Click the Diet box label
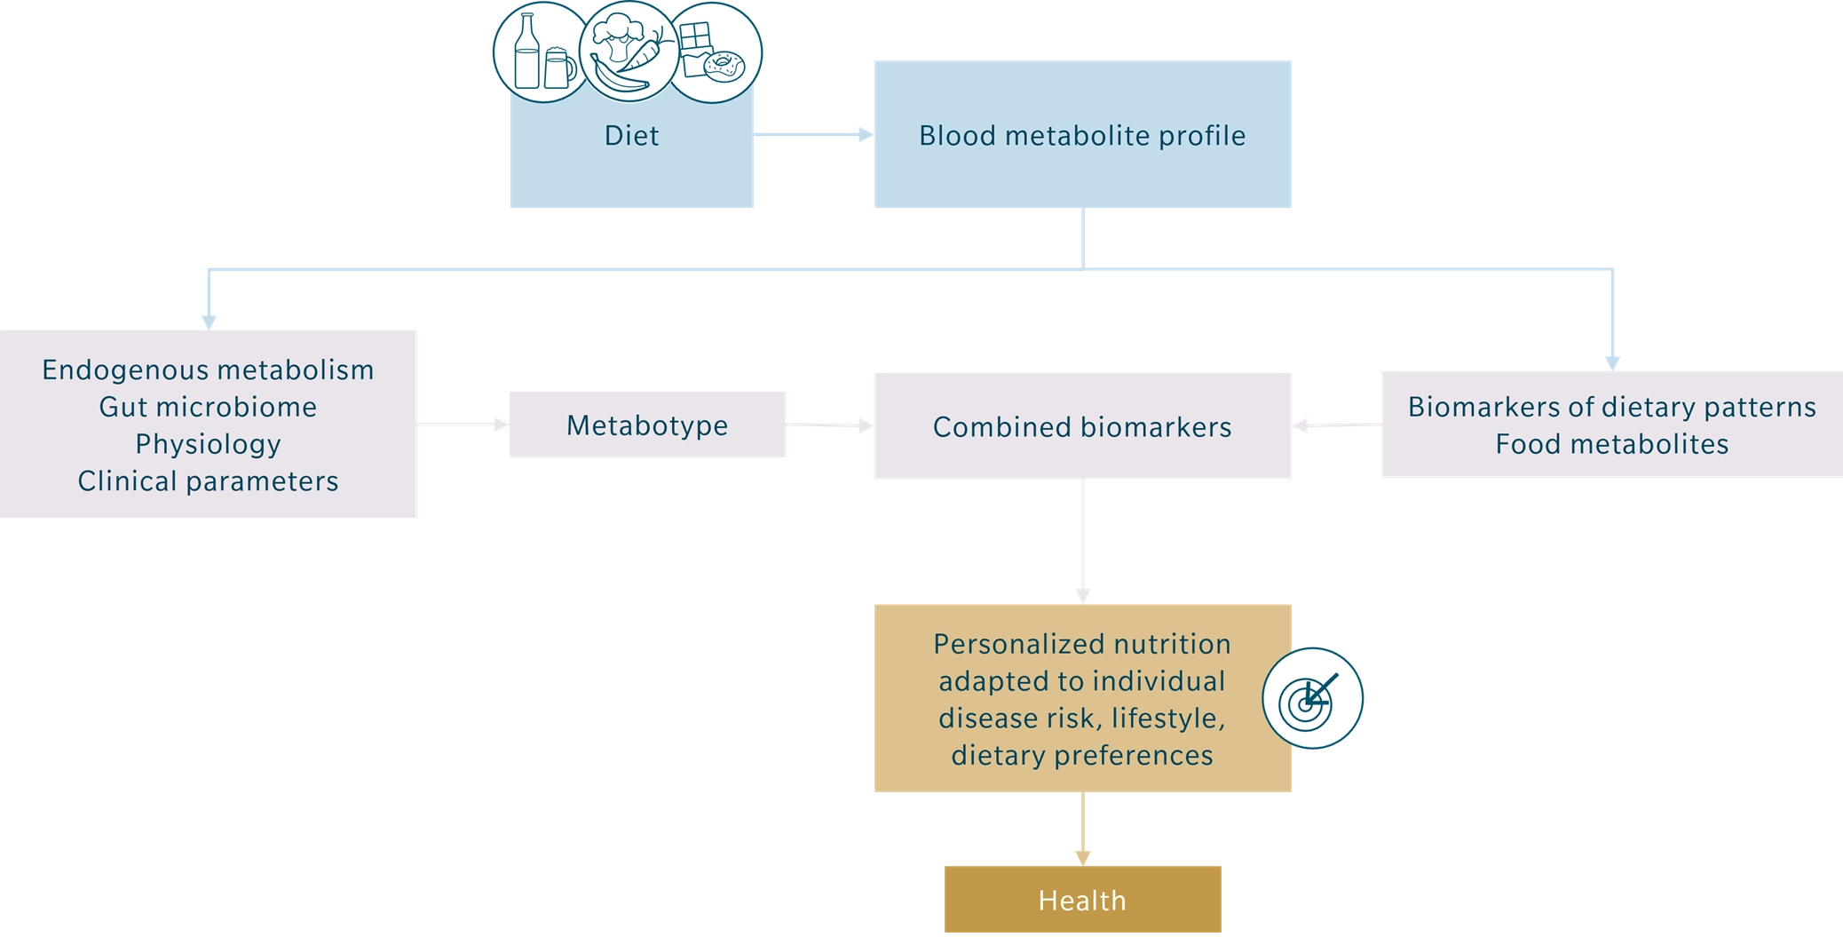tap(631, 136)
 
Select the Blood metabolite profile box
tap(1082, 136)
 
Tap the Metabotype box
tap(646, 426)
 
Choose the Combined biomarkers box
tap(1082, 427)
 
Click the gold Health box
tap(1082, 901)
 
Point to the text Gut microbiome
tap(208, 407)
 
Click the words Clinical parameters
tap(208, 481)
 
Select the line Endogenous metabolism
tap(208, 369)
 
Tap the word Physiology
tap(208, 444)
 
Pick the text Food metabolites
tap(1611, 444)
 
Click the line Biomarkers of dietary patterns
tap(1611, 407)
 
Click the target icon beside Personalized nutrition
tap(1312, 699)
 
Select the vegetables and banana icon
tap(626, 53)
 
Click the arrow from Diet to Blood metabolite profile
tap(815, 136)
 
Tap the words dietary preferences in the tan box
tap(1082, 756)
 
